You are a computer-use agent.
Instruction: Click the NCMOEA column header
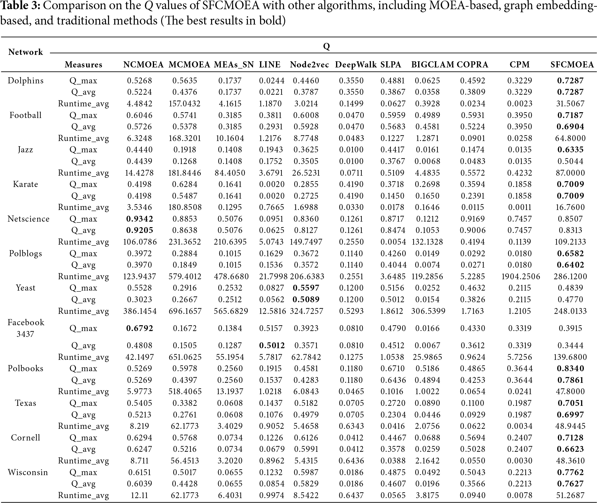coord(143,64)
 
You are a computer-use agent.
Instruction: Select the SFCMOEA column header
coord(572,64)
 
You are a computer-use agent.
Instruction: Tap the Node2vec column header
coord(309,64)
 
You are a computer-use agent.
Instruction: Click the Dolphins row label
coord(26,81)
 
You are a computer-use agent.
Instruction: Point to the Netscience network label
coord(28,219)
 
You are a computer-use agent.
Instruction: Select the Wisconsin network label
coord(28,472)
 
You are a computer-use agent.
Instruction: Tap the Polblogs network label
coord(26,253)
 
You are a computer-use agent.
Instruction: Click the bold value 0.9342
coord(140,219)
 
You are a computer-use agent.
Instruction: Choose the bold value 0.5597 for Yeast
coord(306,288)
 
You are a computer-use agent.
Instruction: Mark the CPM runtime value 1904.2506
coord(521,276)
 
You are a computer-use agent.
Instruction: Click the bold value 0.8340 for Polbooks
coord(570,368)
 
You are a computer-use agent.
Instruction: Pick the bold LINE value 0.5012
coord(272,345)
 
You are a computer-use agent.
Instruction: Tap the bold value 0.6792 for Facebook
coord(140,328)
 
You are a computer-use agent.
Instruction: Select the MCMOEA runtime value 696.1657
coord(185,311)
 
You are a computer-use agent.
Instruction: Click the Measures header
coord(84,64)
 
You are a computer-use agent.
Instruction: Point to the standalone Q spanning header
coord(327,46)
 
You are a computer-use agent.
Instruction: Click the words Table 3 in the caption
coord(20,6)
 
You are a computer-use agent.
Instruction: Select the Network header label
coord(26,52)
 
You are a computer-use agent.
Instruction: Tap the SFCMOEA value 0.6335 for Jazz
coord(570,150)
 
